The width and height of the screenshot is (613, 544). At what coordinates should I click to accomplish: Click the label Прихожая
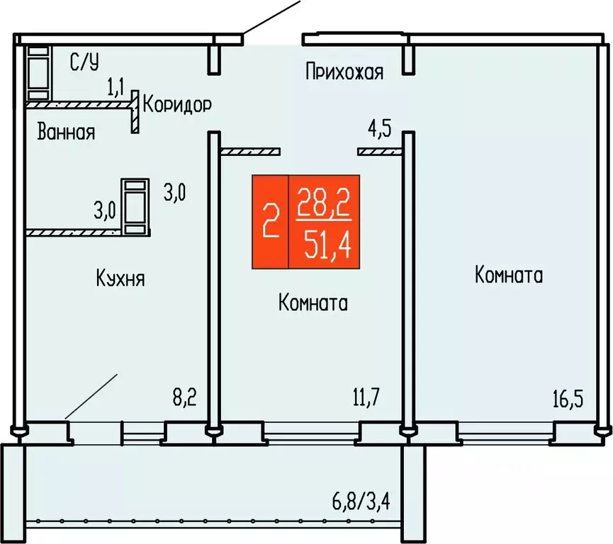(344, 72)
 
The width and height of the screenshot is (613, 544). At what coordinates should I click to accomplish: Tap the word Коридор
(177, 106)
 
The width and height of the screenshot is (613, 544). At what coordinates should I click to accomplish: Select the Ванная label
(67, 132)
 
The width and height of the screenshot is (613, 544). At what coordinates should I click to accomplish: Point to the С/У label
(84, 63)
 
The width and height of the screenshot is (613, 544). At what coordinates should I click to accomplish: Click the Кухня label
(120, 278)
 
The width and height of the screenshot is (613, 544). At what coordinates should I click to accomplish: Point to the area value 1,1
(116, 88)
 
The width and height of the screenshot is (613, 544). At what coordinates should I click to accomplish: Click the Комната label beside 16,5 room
(509, 276)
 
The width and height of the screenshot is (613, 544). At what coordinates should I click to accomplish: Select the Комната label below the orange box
(313, 304)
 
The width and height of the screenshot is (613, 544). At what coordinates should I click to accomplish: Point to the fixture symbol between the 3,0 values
(135, 206)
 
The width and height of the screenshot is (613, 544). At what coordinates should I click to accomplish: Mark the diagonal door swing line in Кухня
(91, 397)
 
